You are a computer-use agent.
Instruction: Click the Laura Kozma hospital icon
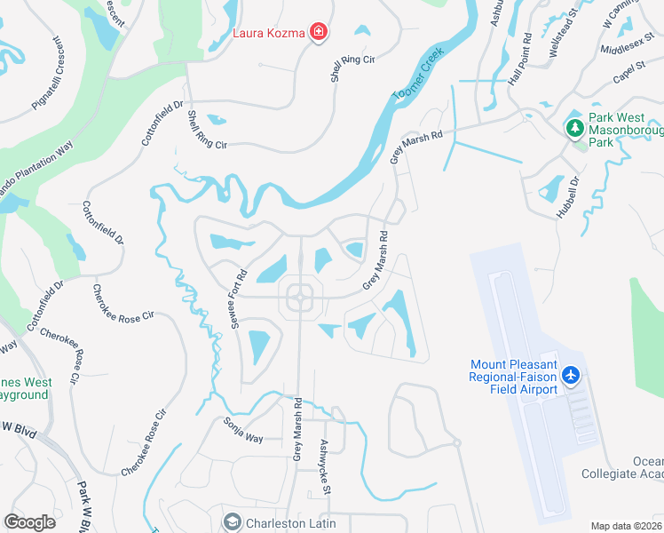tap(319, 34)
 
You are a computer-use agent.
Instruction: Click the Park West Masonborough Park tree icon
tap(575, 127)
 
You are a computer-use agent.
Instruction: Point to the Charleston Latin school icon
tap(233, 522)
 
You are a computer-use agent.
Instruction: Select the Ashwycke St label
tap(325, 467)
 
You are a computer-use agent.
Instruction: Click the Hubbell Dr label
tap(567, 196)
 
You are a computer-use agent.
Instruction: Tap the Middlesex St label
tap(627, 50)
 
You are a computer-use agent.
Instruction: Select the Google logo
tap(29, 522)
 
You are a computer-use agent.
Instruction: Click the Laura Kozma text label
tap(270, 34)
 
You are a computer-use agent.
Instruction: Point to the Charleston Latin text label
tap(290, 523)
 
